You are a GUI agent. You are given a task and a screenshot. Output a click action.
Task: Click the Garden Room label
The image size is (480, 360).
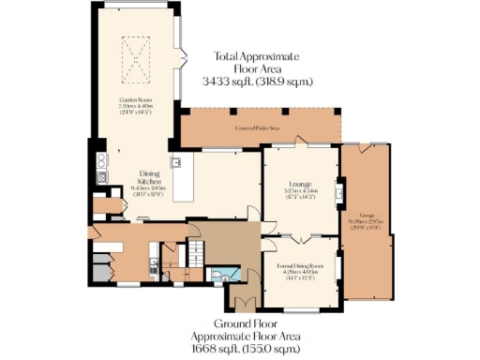pos(136,98)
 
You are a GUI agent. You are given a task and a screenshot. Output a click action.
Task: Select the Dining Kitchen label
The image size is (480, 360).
pos(150,178)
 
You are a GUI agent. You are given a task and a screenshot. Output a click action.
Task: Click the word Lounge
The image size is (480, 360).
pos(301,184)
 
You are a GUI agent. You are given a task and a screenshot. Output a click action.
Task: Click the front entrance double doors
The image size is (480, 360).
pos(246,305)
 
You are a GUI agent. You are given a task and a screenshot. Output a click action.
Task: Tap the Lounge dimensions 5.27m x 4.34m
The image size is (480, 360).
pos(301,191)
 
